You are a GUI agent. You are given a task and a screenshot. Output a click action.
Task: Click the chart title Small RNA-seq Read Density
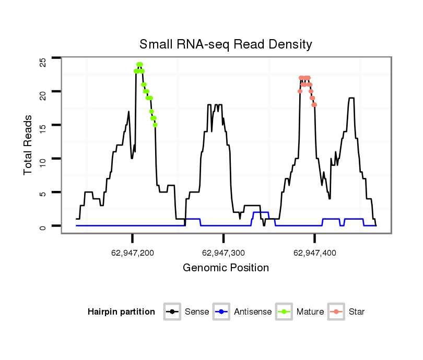(x=226, y=44)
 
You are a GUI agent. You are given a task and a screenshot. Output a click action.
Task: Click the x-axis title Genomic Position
(x=226, y=268)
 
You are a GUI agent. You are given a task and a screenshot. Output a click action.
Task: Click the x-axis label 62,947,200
(x=133, y=253)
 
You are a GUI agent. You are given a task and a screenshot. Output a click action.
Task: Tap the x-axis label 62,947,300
(x=224, y=253)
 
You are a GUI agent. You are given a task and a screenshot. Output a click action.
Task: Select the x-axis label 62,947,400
(x=315, y=253)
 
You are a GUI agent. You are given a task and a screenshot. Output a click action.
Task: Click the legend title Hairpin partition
(x=121, y=312)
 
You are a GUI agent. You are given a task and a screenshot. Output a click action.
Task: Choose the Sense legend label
(x=197, y=312)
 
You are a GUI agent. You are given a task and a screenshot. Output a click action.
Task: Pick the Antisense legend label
(x=253, y=312)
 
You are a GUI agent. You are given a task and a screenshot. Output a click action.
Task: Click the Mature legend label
(x=310, y=312)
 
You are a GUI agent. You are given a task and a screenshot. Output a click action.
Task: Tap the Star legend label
(x=357, y=312)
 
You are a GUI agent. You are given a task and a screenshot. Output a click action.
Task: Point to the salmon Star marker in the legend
(x=337, y=312)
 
